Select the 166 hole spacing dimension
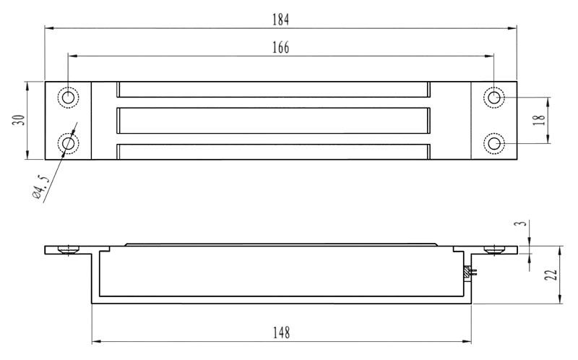[281, 48]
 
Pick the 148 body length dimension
[281, 333]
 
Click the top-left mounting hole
[69, 97]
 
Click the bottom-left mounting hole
[69, 144]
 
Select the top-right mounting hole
[494, 97]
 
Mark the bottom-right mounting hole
[494, 144]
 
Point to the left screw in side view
[69, 249]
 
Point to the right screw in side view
[494, 249]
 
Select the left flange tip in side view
[48, 249]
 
